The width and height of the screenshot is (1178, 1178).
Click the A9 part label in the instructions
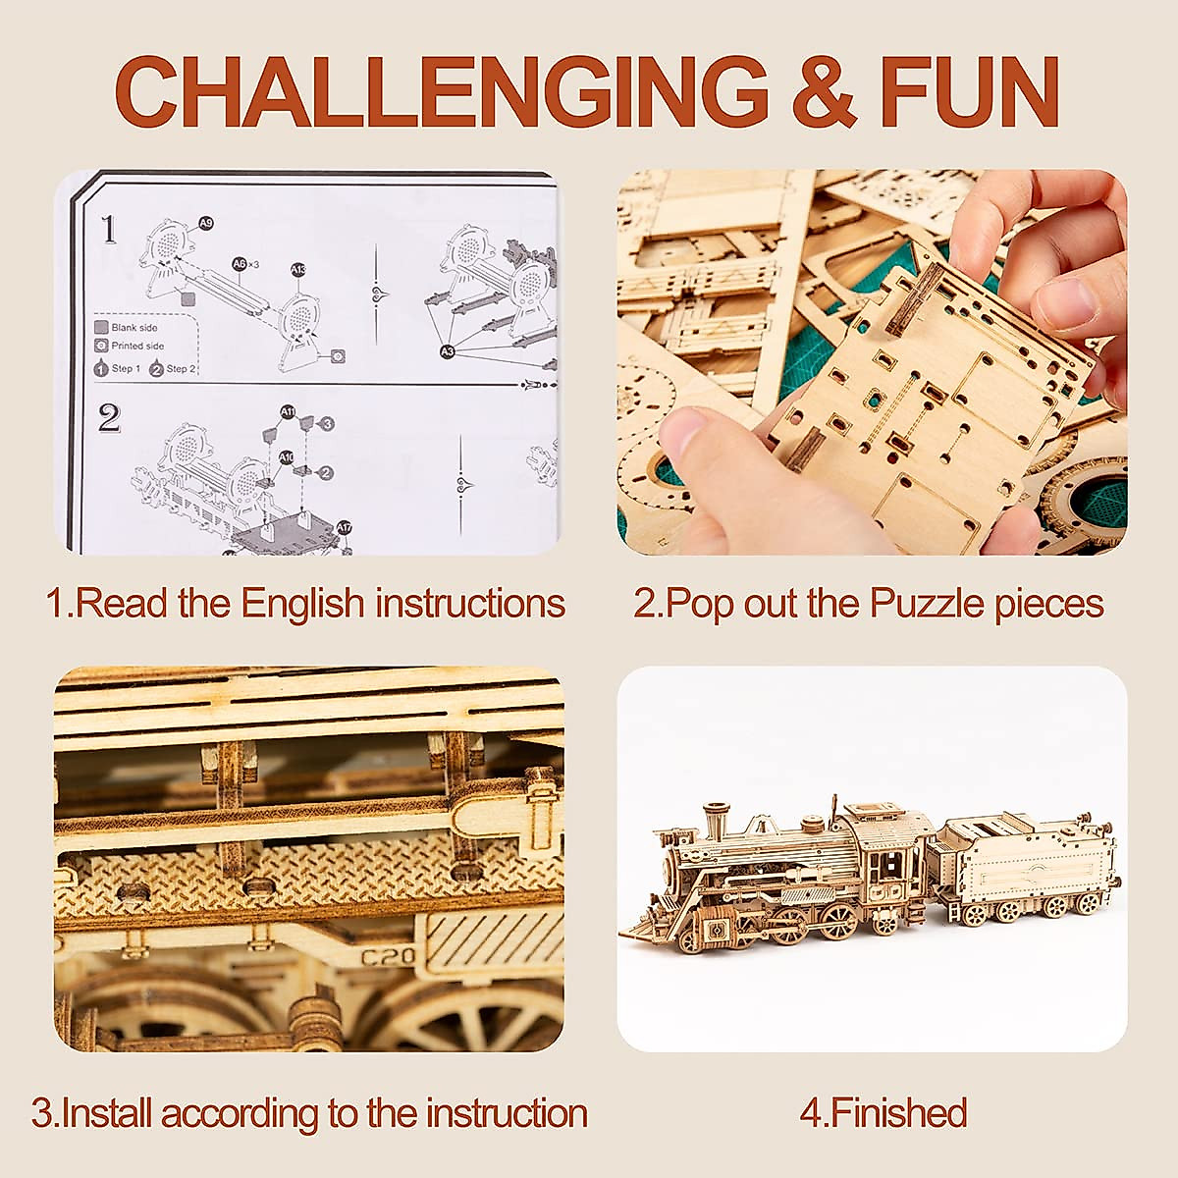point(205,223)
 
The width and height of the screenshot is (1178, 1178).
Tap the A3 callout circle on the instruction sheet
point(448,350)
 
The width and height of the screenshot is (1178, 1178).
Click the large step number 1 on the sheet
point(108,231)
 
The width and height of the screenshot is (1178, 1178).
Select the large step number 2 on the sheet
point(109,418)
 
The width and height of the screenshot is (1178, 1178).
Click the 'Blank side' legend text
point(134,328)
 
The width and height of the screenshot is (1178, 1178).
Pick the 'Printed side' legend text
point(138,347)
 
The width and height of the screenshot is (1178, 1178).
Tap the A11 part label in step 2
point(288,411)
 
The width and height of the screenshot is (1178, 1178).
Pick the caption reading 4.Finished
point(883,1113)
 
